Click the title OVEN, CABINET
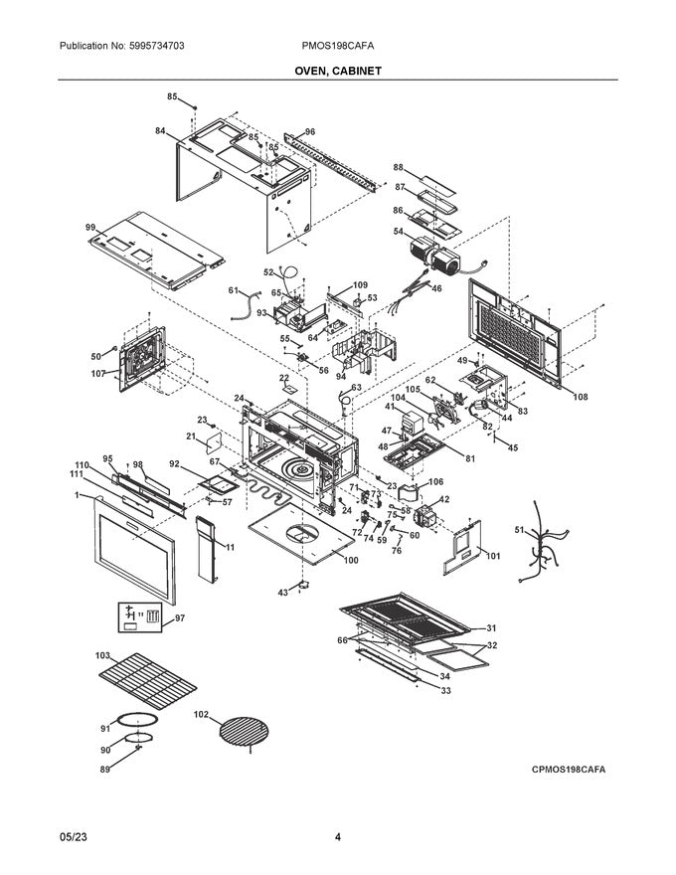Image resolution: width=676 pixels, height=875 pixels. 337,72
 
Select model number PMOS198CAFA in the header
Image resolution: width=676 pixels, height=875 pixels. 337,47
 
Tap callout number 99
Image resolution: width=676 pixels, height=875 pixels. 91,229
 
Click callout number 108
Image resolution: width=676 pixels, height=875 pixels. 580,397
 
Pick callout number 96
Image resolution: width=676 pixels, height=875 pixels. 309,132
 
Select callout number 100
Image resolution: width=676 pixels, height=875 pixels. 350,561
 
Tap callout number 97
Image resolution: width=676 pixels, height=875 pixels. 180,617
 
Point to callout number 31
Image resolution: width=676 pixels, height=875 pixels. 489,628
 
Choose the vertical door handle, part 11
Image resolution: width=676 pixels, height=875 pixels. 208,552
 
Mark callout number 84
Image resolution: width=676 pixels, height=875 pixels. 160,130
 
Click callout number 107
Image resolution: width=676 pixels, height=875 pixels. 97,374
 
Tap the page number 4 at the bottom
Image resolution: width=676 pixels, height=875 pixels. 338,837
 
